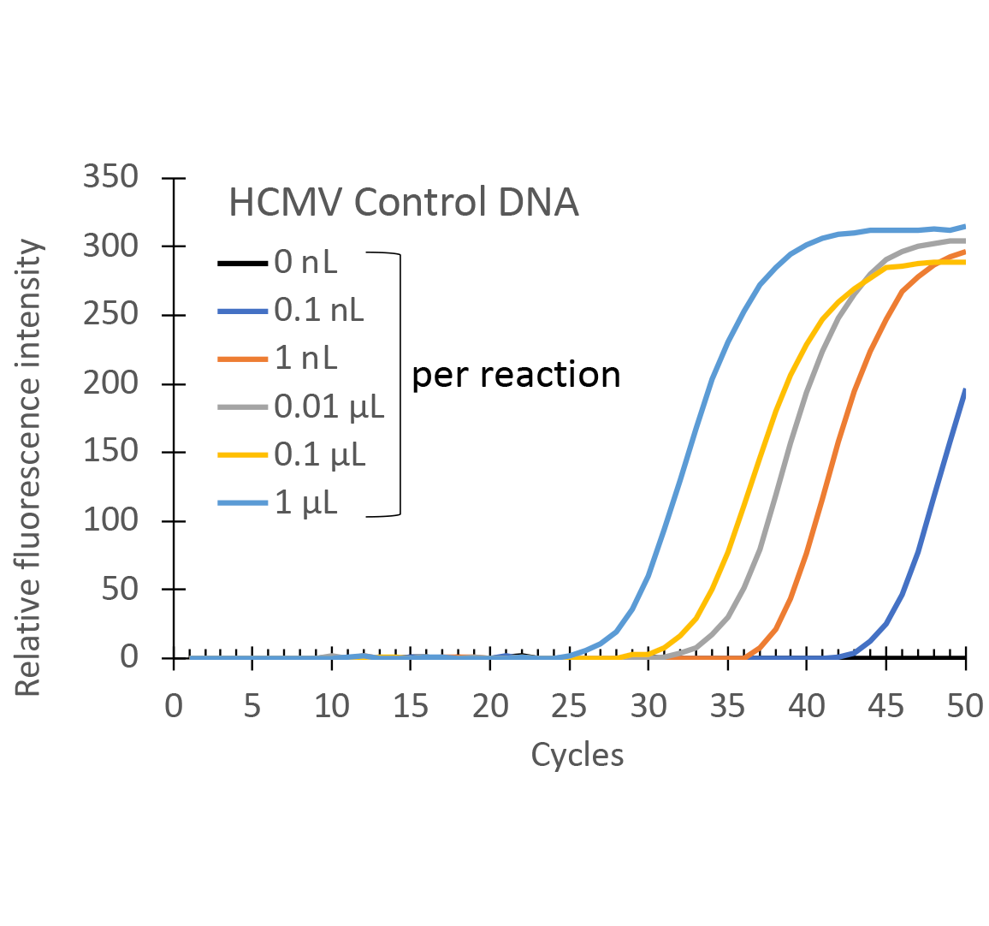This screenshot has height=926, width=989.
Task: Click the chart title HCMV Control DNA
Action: [403, 204]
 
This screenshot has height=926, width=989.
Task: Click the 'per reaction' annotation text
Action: [516, 376]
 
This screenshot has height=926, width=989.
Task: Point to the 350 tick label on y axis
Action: [110, 177]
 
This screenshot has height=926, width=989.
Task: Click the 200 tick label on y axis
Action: [110, 383]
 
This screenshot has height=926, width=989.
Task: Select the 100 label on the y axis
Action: [110, 519]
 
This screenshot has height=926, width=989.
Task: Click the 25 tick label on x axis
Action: [569, 707]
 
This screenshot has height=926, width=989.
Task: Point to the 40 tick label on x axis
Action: [807, 707]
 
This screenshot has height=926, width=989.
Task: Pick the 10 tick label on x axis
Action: [332, 707]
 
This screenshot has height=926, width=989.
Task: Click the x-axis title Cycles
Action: [577, 755]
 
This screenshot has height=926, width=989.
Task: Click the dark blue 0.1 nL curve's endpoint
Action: [965, 390]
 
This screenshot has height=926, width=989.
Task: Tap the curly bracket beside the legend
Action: [397, 384]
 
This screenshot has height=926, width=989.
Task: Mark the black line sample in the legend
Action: [243, 262]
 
